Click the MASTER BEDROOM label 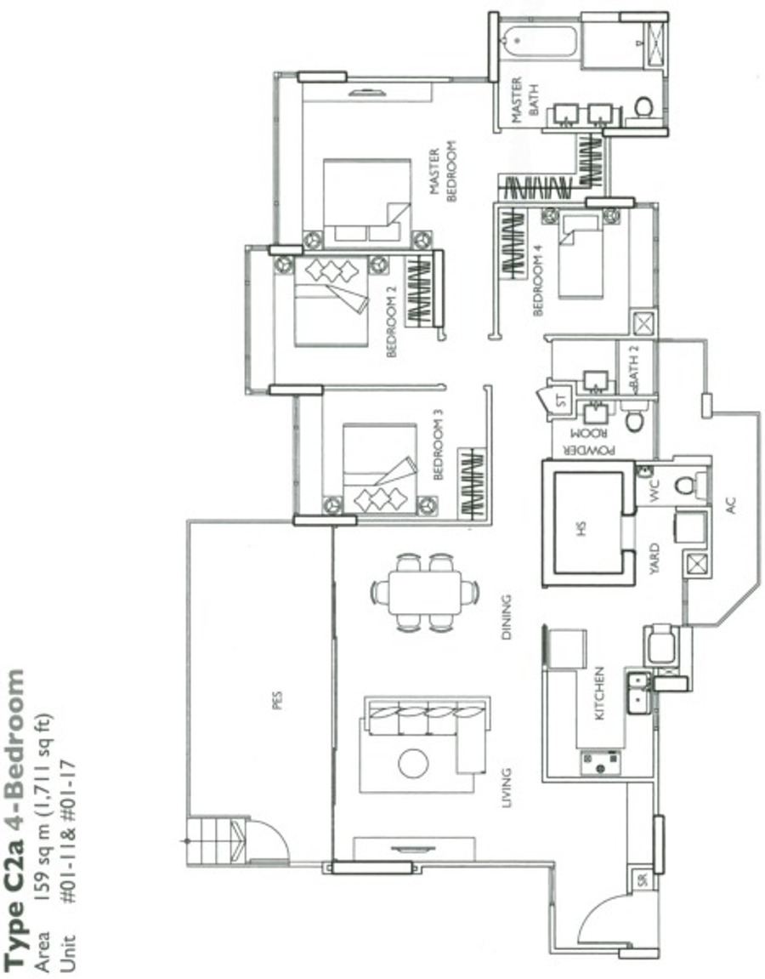(444, 171)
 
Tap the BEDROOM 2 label (392, 321)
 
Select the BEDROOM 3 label (438, 445)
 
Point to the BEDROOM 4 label (539, 279)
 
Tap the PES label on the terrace (277, 700)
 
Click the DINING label (506, 617)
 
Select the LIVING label (507, 788)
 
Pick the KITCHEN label (599, 693)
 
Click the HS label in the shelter (581, 529)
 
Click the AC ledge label (731, 504)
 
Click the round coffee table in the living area (413, 763)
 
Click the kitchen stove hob (600, 763)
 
